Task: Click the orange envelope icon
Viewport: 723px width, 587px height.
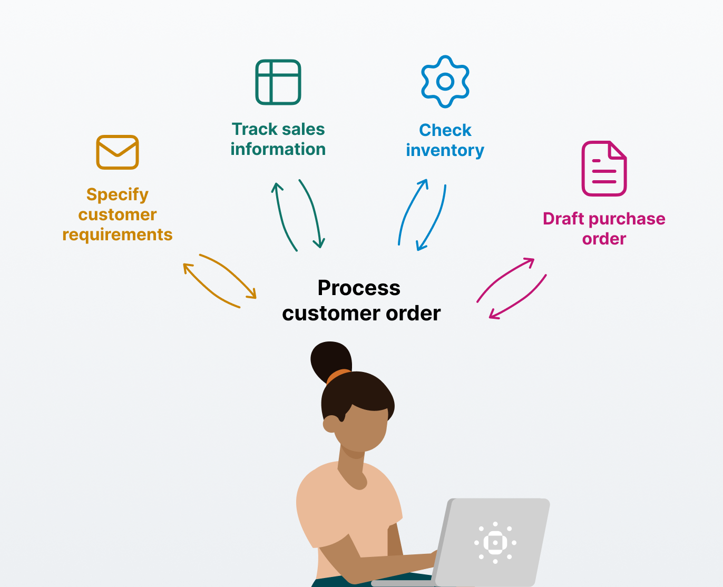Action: (x=118, y=152)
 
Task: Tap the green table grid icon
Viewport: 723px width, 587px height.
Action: (x=278, y=82)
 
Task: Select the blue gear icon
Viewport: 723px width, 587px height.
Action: (x=445, y=82)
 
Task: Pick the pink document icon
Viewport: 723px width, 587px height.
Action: (x=604, y=169)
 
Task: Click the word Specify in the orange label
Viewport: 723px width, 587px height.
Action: (x=118, y=194)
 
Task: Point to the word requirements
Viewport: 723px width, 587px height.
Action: (x=118, y=234)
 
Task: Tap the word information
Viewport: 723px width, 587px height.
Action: (x=278, y=149)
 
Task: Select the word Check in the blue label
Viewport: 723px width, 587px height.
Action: (x=445, y=130)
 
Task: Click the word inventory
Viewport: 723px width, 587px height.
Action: (x=445, y=150)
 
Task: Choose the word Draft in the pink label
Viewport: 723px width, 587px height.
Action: (x=563, y=219)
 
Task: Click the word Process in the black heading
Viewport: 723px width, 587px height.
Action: (x=359, y=288)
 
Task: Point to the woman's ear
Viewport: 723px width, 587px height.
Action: (x=331, y=423)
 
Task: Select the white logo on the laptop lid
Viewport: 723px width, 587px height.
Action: (x=495, y=543)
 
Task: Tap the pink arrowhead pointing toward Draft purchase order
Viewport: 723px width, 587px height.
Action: (x=530, y=261)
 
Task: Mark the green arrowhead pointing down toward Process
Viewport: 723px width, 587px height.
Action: (x=319, y=244)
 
